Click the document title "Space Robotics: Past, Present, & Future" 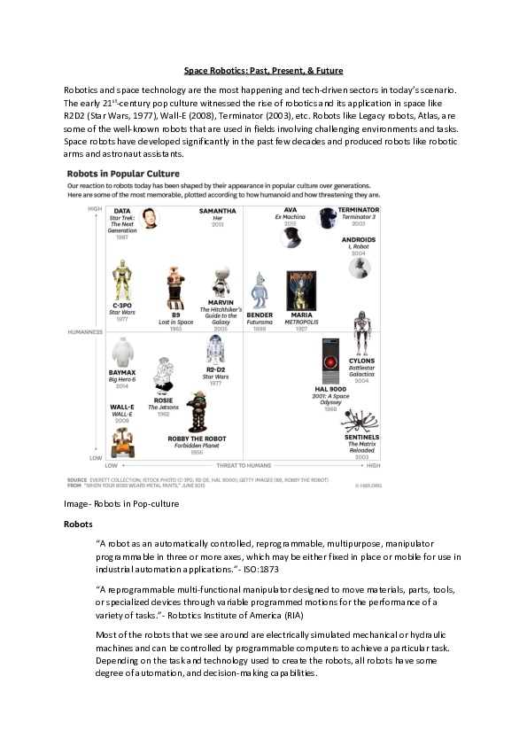[x=263, y=70]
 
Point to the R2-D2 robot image [x=215, y=352]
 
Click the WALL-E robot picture [x=122, y=440]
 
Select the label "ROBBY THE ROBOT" [x=196, y=439]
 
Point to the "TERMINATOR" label [x=358, y=210]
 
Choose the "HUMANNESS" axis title [x=86, y=333]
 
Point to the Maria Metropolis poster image [x=301, y=289]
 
